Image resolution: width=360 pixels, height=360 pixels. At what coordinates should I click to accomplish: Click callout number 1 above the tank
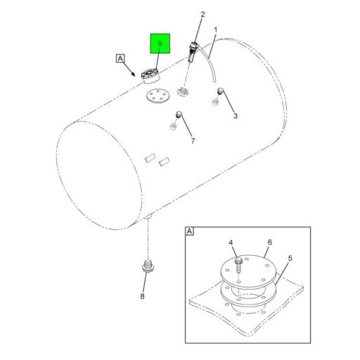pyautogui.click(x=214, y=30)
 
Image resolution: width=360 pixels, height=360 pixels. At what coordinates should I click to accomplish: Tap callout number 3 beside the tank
pyautogui.click(x=236, y=115)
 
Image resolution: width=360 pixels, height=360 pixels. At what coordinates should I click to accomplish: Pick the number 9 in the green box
pyautogui.click(x=160, y=45)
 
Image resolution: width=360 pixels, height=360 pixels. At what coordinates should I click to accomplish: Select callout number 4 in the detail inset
pyautogui.click(x=231, y=243)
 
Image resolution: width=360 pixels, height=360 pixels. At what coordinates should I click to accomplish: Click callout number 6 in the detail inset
pyautogui.click(x=269, y=243)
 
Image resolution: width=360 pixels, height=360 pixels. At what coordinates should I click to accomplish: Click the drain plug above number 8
pyautogui.click(x=146, y=267)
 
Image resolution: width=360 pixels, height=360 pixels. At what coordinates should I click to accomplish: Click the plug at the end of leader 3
pyautogui.click(x=220, y=91)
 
